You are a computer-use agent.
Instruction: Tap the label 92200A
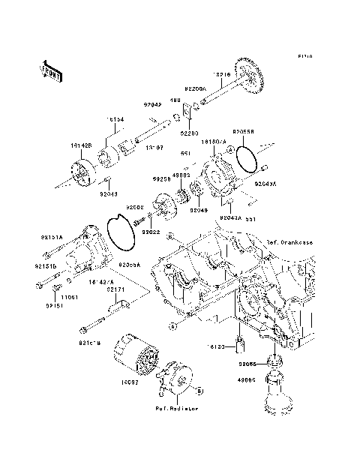pos(196,88)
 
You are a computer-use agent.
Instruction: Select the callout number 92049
pos(198,210)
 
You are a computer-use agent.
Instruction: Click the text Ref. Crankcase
pos(289,242)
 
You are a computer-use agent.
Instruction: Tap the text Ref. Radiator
pos(178,409)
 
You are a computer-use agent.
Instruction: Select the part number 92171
pos(115,289)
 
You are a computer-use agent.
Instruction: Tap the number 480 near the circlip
pos(174,99)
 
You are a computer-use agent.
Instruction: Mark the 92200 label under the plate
pos(189,133)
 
